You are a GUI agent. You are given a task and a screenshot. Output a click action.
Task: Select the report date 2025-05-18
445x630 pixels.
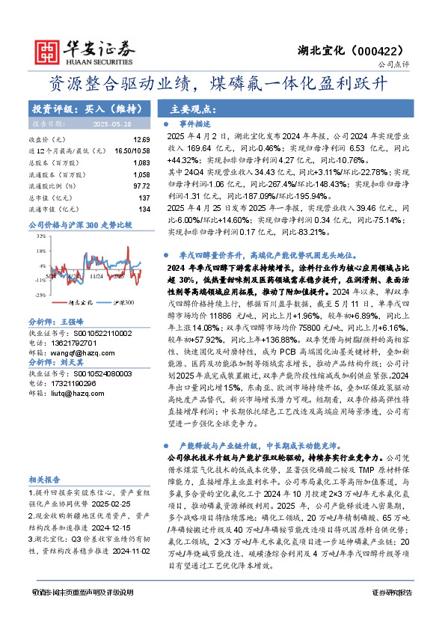111,123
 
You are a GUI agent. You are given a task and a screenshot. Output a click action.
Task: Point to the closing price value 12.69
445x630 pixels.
141,140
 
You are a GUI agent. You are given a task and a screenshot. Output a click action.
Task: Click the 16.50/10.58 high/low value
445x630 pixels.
133,150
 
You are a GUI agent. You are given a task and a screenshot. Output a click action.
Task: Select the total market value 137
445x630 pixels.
144,198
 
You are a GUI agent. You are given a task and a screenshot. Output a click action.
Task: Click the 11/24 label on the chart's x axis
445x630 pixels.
96,276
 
